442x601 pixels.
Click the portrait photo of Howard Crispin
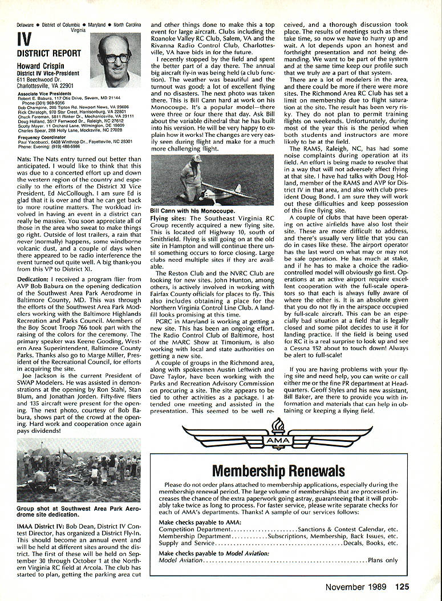pos(119,60)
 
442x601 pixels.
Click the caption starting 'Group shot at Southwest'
pos(77,510)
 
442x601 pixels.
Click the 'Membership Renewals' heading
pos(278,470)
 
